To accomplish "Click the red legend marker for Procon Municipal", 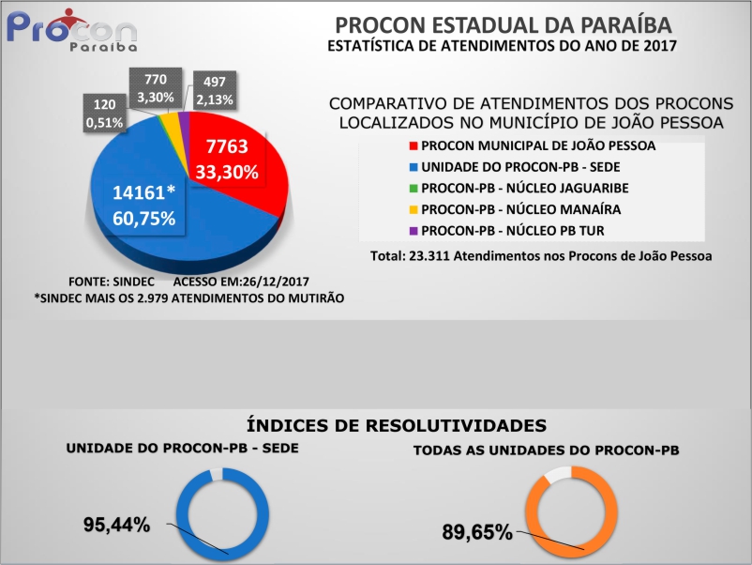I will (x=413, y=146).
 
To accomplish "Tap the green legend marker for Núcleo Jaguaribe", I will (x=413, y=189).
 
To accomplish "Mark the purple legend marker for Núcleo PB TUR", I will (x=413, y=230).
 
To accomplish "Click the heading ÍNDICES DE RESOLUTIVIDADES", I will (x=396, y=424).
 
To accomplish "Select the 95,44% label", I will (x=117, y=525).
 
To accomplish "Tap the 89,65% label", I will (x=477, y=532).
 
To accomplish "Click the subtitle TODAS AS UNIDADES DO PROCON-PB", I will (x=546, y=450).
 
